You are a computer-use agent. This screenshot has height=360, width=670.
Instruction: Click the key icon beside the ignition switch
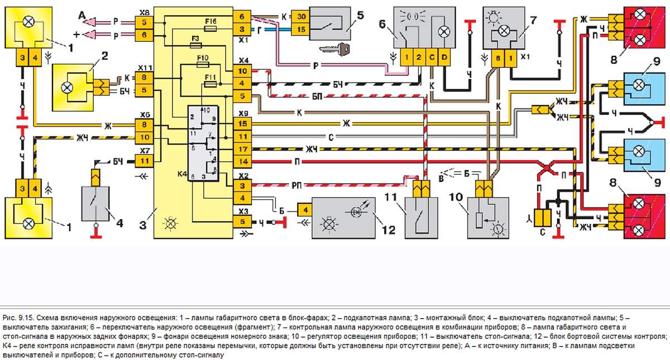pos(338,50)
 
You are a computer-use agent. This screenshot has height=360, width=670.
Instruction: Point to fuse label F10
pos(203,57)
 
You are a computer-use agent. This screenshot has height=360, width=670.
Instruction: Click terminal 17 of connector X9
pos(242,150)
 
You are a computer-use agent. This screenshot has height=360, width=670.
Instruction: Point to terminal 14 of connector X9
pos(242,162)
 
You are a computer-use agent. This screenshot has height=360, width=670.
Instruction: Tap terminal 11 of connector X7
pos(143,161)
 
